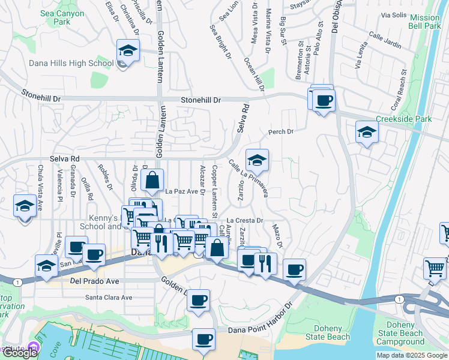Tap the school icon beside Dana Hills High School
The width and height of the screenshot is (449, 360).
[127, 51]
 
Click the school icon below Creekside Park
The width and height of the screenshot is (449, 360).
[366, 133]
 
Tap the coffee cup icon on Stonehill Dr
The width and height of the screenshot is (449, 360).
[324, 100]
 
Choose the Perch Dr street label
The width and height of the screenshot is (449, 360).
[280, 132]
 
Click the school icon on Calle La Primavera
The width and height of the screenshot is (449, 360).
[257, 160]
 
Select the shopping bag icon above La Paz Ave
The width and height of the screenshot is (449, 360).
[152, 179]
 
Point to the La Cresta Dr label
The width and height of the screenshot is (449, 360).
[246, 220]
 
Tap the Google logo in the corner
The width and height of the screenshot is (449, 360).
[19, 353]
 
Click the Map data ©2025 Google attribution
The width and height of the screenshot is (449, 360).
[412, 355]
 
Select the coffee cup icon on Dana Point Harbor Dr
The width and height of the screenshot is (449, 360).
[203, 340]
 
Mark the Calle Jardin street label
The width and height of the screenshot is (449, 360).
[385, 37]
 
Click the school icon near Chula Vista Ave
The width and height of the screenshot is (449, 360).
[24, 206]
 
